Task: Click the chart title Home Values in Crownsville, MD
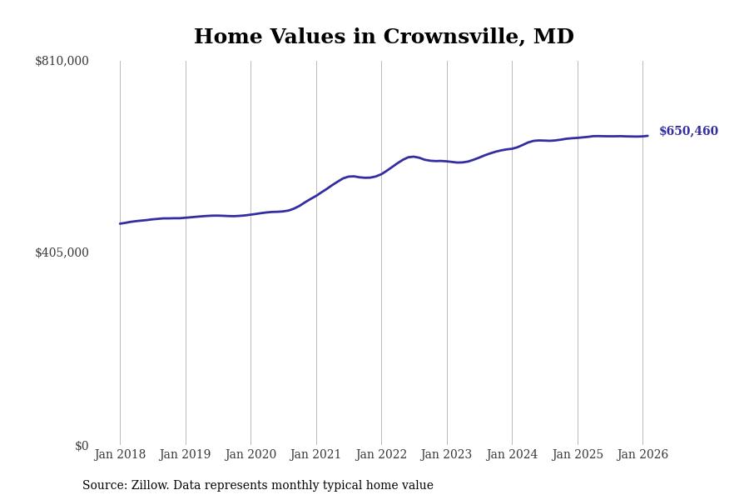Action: [384, 37]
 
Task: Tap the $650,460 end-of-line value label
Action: [688, 132]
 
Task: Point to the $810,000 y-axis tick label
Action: [62, 61]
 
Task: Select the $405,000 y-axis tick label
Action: [62, 252]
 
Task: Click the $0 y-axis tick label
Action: [82, 446]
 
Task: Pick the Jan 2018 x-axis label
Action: [120, 455]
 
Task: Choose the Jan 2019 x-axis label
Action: [186, 455]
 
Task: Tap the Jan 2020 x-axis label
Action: [250, 455]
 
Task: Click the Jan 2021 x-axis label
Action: [316, 455]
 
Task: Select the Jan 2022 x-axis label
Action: [381, 455]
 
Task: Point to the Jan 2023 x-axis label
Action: [447, 455]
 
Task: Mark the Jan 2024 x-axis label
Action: [512, 455]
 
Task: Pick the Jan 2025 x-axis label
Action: [578, 455]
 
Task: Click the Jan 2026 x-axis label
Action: [642, 455]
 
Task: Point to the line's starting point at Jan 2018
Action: [120, 223]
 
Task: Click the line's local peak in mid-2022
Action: [413, 157]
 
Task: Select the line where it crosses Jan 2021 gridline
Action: [316, 195]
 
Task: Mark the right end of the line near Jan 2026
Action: [647, 136]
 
